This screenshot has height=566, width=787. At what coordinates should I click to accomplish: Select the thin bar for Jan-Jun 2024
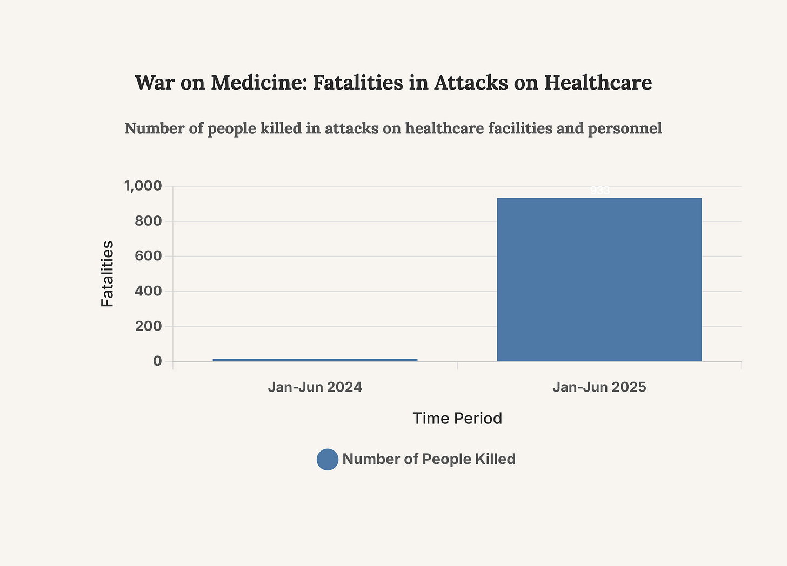[x=315, y=360]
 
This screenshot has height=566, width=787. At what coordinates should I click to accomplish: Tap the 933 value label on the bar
[x=599, y=191]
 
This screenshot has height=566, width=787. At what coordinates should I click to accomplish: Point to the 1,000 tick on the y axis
[x=143, y=186]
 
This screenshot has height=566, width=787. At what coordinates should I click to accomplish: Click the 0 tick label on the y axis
[x=157, y=361]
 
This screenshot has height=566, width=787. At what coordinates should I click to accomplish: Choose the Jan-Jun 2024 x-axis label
[x=315, y=387]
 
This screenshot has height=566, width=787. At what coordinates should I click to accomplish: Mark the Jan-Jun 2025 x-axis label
[x=599, y=387]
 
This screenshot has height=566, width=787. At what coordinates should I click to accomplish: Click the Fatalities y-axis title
[x=108, y=274]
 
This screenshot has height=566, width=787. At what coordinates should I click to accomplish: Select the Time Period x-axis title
[x=457, y=419]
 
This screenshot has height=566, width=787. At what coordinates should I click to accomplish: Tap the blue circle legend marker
[x=328, y=460]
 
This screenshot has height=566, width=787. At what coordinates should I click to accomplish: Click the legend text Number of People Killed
[x=429, y=459]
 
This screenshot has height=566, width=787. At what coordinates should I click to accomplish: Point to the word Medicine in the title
[x=258, y=83]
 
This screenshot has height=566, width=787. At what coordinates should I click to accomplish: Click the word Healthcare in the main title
[x=598, y=83]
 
